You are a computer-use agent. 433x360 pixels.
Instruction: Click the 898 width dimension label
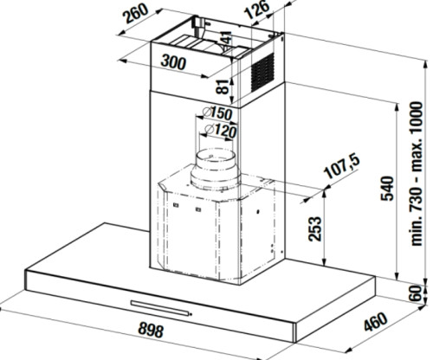point(151,330)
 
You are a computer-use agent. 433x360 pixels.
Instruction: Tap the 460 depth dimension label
point(376,322)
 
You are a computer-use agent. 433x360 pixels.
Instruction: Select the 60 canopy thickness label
point(416,293)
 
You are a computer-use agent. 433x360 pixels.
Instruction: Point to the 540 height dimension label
point(387,188)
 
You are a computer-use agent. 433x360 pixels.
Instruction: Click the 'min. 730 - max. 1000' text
point(417,173)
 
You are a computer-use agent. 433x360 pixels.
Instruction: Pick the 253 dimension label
point(314,228)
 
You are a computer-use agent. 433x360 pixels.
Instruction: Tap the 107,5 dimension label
point(342,167)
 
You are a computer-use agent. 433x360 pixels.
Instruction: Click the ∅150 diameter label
point(217,113)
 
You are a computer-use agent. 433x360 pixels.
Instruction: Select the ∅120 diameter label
point(221,131)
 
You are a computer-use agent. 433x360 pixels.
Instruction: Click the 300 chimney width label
point(173,61)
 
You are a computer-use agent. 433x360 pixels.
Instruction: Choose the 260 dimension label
point(135,14)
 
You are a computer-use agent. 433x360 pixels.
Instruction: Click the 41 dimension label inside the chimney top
point(227,38)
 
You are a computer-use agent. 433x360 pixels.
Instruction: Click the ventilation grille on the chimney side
point(262,71)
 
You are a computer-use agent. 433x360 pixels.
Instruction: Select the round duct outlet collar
point(216,170)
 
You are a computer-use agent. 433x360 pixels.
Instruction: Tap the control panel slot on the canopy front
point(159,307)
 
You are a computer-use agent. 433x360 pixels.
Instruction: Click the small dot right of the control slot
point(191,315)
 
